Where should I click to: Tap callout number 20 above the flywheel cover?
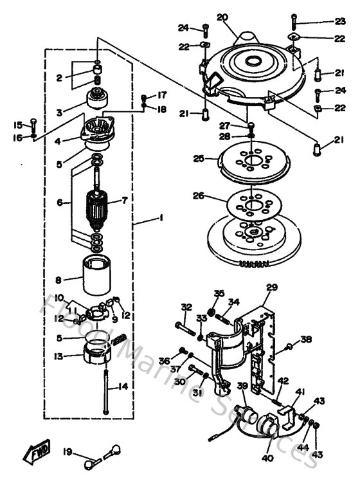pyautogui.click(x=222, y=17)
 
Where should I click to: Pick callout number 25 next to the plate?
pyautogui.click(x=198, y=158)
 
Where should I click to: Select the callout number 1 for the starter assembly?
pyautogui.click(x=161, y=219)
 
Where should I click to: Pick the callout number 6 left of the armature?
pyautogui.click(x=60, y=201)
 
